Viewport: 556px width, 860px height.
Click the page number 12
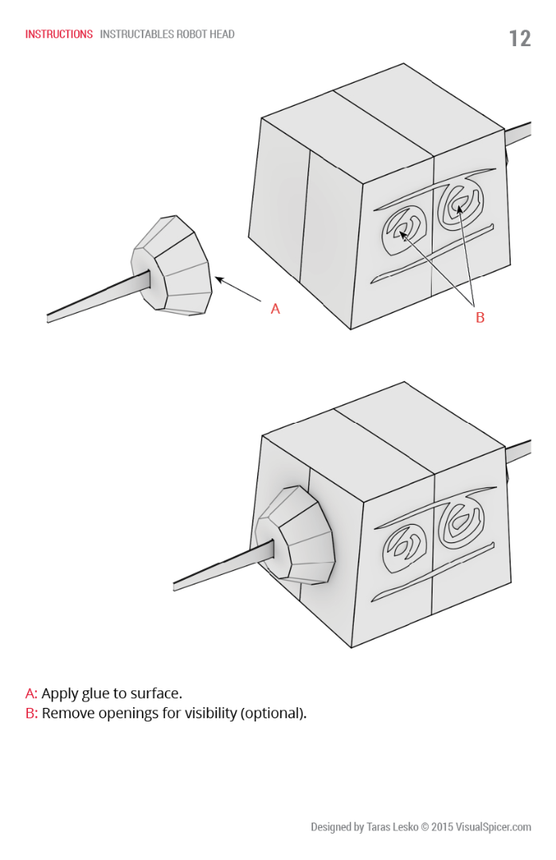click(x=520, y=38)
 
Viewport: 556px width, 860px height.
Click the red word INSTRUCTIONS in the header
click(x=59, y=34)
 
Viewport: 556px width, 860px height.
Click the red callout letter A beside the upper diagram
click(x=276, y=309)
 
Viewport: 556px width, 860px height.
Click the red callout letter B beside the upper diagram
click(x=480, y=318)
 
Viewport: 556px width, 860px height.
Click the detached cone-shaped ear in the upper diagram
click(x=172, y=266)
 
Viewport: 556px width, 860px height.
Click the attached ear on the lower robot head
click(x=296, y=535)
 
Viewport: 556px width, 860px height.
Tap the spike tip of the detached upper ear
click(x=48, y=319)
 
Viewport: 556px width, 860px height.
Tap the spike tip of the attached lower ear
click(x=174, y=586)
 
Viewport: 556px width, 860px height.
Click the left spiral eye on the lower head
click(x=405, y=549)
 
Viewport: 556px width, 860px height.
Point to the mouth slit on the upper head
click(x=432, y=254)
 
